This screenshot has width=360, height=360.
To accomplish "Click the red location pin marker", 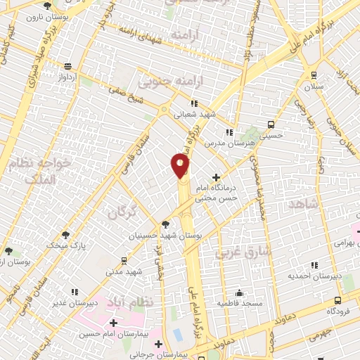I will click(x=181, y=166).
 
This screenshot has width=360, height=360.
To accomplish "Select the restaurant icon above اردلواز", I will click(x=67, y=67).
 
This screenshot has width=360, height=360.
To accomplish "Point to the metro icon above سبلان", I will click(x=313, y=75).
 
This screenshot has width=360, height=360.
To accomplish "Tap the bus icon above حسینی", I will click(x=271, y=124).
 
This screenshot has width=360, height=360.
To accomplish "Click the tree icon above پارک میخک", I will click(x=65, y=235).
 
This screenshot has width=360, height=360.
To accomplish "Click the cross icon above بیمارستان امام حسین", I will click(x=113, y=322).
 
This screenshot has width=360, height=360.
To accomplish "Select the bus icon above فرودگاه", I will click(x=338, y=300).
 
